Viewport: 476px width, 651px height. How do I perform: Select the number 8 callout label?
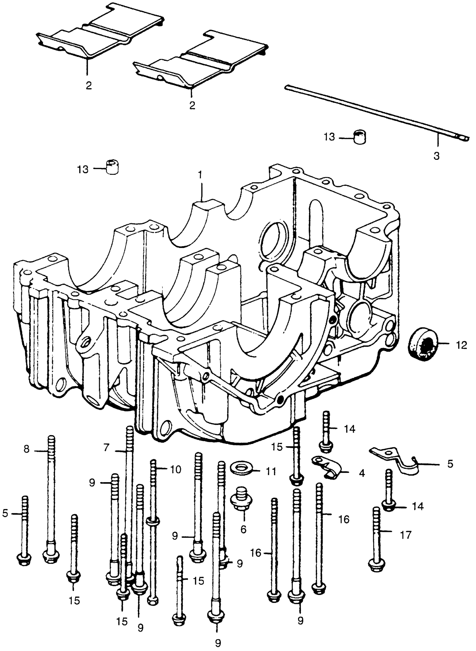tap(27, 449)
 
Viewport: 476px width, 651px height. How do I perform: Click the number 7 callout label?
tap(107, 447)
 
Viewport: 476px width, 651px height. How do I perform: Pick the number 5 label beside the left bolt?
tap(5, 513)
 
